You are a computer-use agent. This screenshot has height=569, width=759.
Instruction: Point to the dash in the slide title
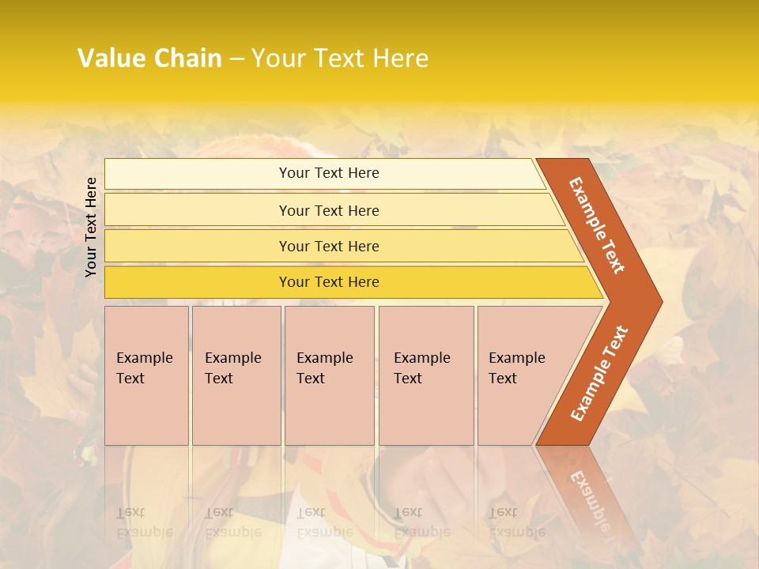pos(236,58)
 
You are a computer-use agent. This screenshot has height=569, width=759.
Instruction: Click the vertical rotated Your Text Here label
pos(91,227)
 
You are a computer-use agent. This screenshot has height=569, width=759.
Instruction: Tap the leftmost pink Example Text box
pos(146,375)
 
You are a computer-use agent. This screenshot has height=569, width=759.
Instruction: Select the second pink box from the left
pos(236,375)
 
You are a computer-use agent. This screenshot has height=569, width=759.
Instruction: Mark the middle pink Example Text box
pos(329,375)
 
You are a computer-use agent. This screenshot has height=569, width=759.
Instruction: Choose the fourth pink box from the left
pos(425,375)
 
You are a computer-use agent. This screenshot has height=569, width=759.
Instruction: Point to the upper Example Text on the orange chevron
pos(597,225)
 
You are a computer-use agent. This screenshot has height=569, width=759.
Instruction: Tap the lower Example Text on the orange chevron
pos(599,373)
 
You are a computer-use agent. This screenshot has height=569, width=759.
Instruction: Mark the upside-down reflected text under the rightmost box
pos(516,522)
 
